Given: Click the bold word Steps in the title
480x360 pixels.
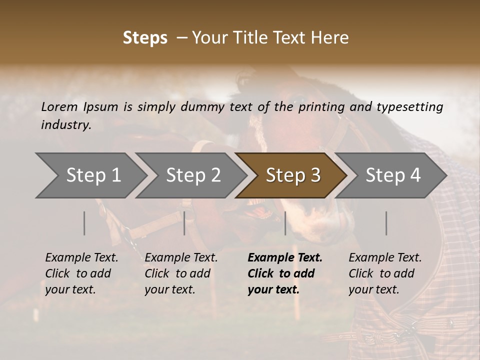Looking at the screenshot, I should coord(145,38).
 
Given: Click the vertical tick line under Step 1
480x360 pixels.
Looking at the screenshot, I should coord(84,223).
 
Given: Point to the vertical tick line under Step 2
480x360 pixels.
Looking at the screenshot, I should coord(184,223).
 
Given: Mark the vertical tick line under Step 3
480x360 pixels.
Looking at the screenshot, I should coord(285,223).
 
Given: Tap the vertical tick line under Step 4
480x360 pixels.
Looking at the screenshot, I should coord(386,223).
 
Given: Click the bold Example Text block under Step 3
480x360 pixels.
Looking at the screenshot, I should coord(285,273).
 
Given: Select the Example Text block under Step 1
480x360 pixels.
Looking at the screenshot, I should coord(81,273).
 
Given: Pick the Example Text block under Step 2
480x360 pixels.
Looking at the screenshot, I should coord(181,273).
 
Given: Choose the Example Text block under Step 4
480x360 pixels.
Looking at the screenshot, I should coord(385,273).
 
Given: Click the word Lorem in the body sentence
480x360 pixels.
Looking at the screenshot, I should coord(59,106).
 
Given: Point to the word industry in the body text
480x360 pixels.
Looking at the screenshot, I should coord(66,125).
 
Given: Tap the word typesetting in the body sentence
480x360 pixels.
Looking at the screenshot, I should coord(409,107).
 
